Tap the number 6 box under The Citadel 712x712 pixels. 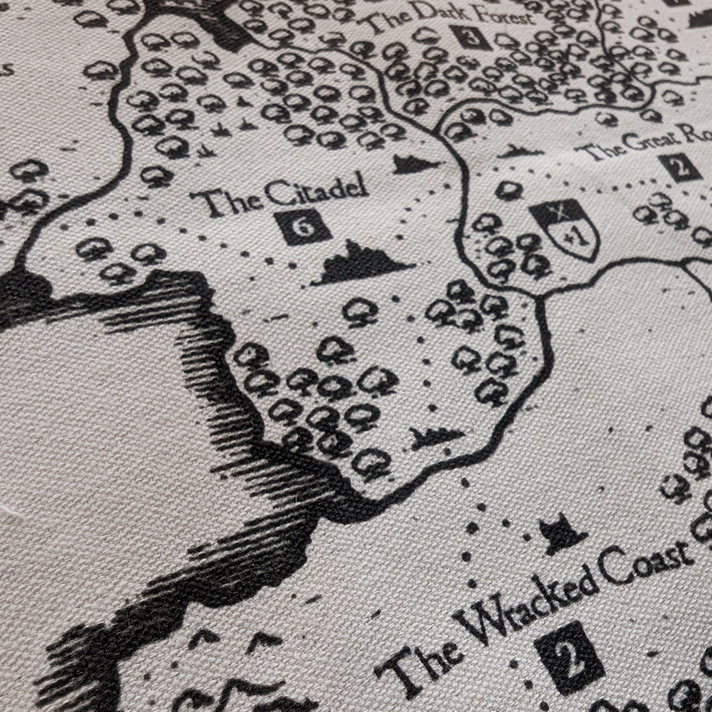point(303,225)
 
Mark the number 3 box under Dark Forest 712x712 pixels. point(471,36)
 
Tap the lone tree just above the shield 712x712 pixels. point(509,191)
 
